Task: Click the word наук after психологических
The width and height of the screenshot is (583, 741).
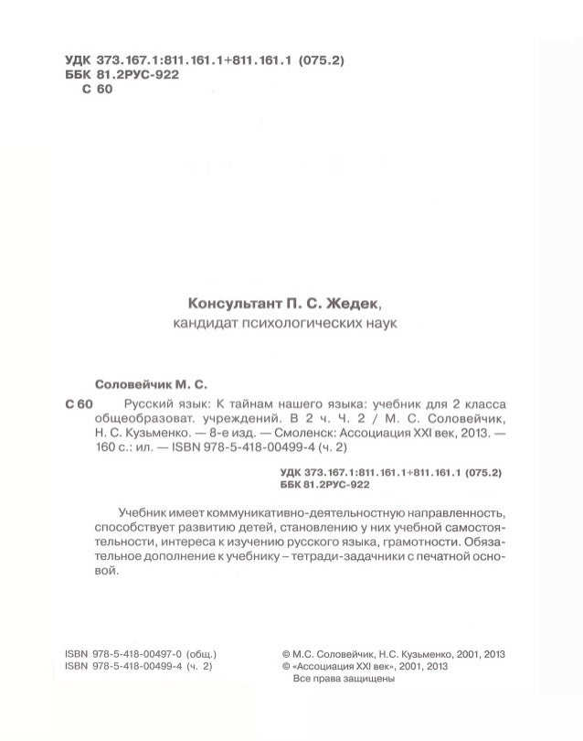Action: coord(376,323)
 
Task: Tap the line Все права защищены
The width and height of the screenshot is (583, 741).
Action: coord(341,679)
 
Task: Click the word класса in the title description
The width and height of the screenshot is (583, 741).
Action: coord(483,404)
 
